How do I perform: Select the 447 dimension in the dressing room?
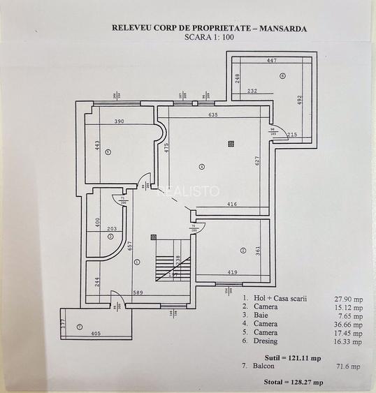click(x=272, y=61)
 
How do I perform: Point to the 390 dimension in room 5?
click(x=119, y=121)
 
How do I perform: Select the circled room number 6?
click(x=282, y=75)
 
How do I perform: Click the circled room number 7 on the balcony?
click(x=79, y=326)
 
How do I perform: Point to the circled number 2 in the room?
click(x=243, y=250)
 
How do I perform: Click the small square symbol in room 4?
click(x=230, y=143)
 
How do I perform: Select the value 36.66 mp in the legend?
click(x=348, y=324)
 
